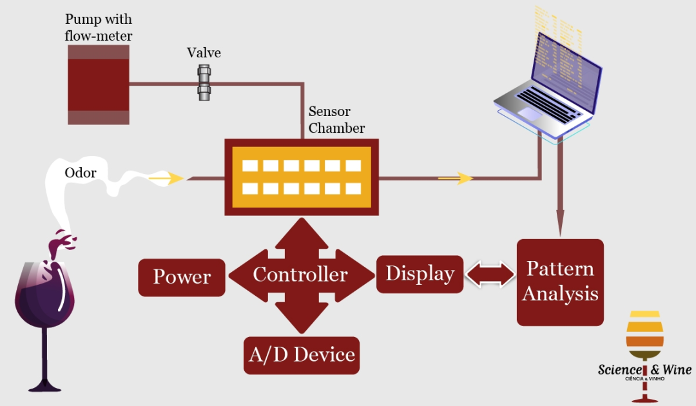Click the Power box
(x=182, y=277)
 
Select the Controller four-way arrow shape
(x=300, y=275)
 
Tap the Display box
(x=420, y=274)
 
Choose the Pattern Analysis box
(x=560, y=282)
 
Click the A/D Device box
(x=302, y=354)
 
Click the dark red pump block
(x=99, y=84)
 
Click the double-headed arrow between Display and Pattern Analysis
(x=490, y=275)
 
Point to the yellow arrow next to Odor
(x=166, y=179)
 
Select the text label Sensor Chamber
(x=336, y=120)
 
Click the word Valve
(x=204, y=53)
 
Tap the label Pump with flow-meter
(x=99, y=27)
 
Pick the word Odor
(x=81, y=173)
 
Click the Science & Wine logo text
(x=644, y=370)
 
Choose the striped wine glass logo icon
(x=644, y=335)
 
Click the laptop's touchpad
(x=530, y=114)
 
